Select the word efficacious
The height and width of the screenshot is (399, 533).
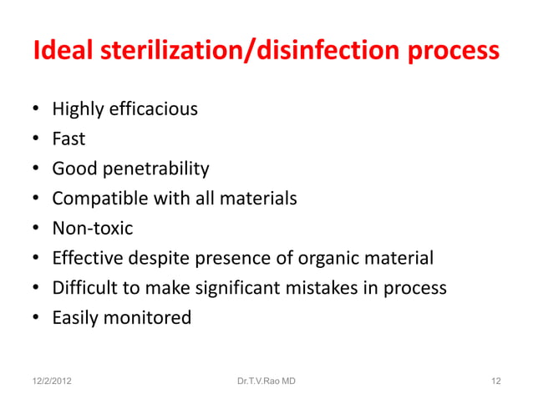point(152,109)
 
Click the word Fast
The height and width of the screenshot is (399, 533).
point(69,139)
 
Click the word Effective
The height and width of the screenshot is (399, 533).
point(89,258)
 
